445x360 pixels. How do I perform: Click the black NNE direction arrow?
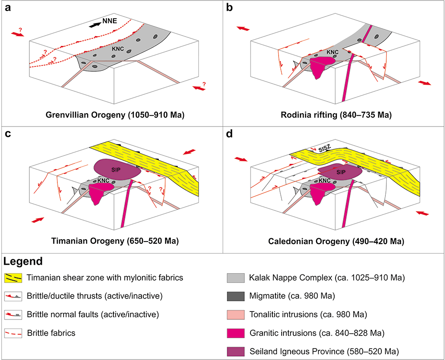95,25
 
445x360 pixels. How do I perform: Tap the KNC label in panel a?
118,49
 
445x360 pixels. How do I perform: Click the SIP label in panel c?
116,170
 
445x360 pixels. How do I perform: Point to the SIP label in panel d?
341,172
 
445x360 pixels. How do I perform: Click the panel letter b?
229,8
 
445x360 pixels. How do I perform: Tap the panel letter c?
8,133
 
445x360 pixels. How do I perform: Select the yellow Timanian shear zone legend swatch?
13,278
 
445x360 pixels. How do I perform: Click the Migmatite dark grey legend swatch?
235,296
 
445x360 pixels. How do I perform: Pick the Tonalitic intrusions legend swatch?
235,315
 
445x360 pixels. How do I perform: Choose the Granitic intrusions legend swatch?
235,333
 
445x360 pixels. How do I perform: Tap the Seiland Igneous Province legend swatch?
235,352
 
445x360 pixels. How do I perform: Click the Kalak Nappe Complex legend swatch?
235,278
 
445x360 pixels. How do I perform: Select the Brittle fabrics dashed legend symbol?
13,333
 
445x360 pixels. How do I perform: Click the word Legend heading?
23,261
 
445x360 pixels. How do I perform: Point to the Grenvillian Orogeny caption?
115,115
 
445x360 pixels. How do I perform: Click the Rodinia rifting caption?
336,115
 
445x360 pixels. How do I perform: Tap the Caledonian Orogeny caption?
336,241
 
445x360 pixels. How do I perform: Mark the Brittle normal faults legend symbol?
13,315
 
